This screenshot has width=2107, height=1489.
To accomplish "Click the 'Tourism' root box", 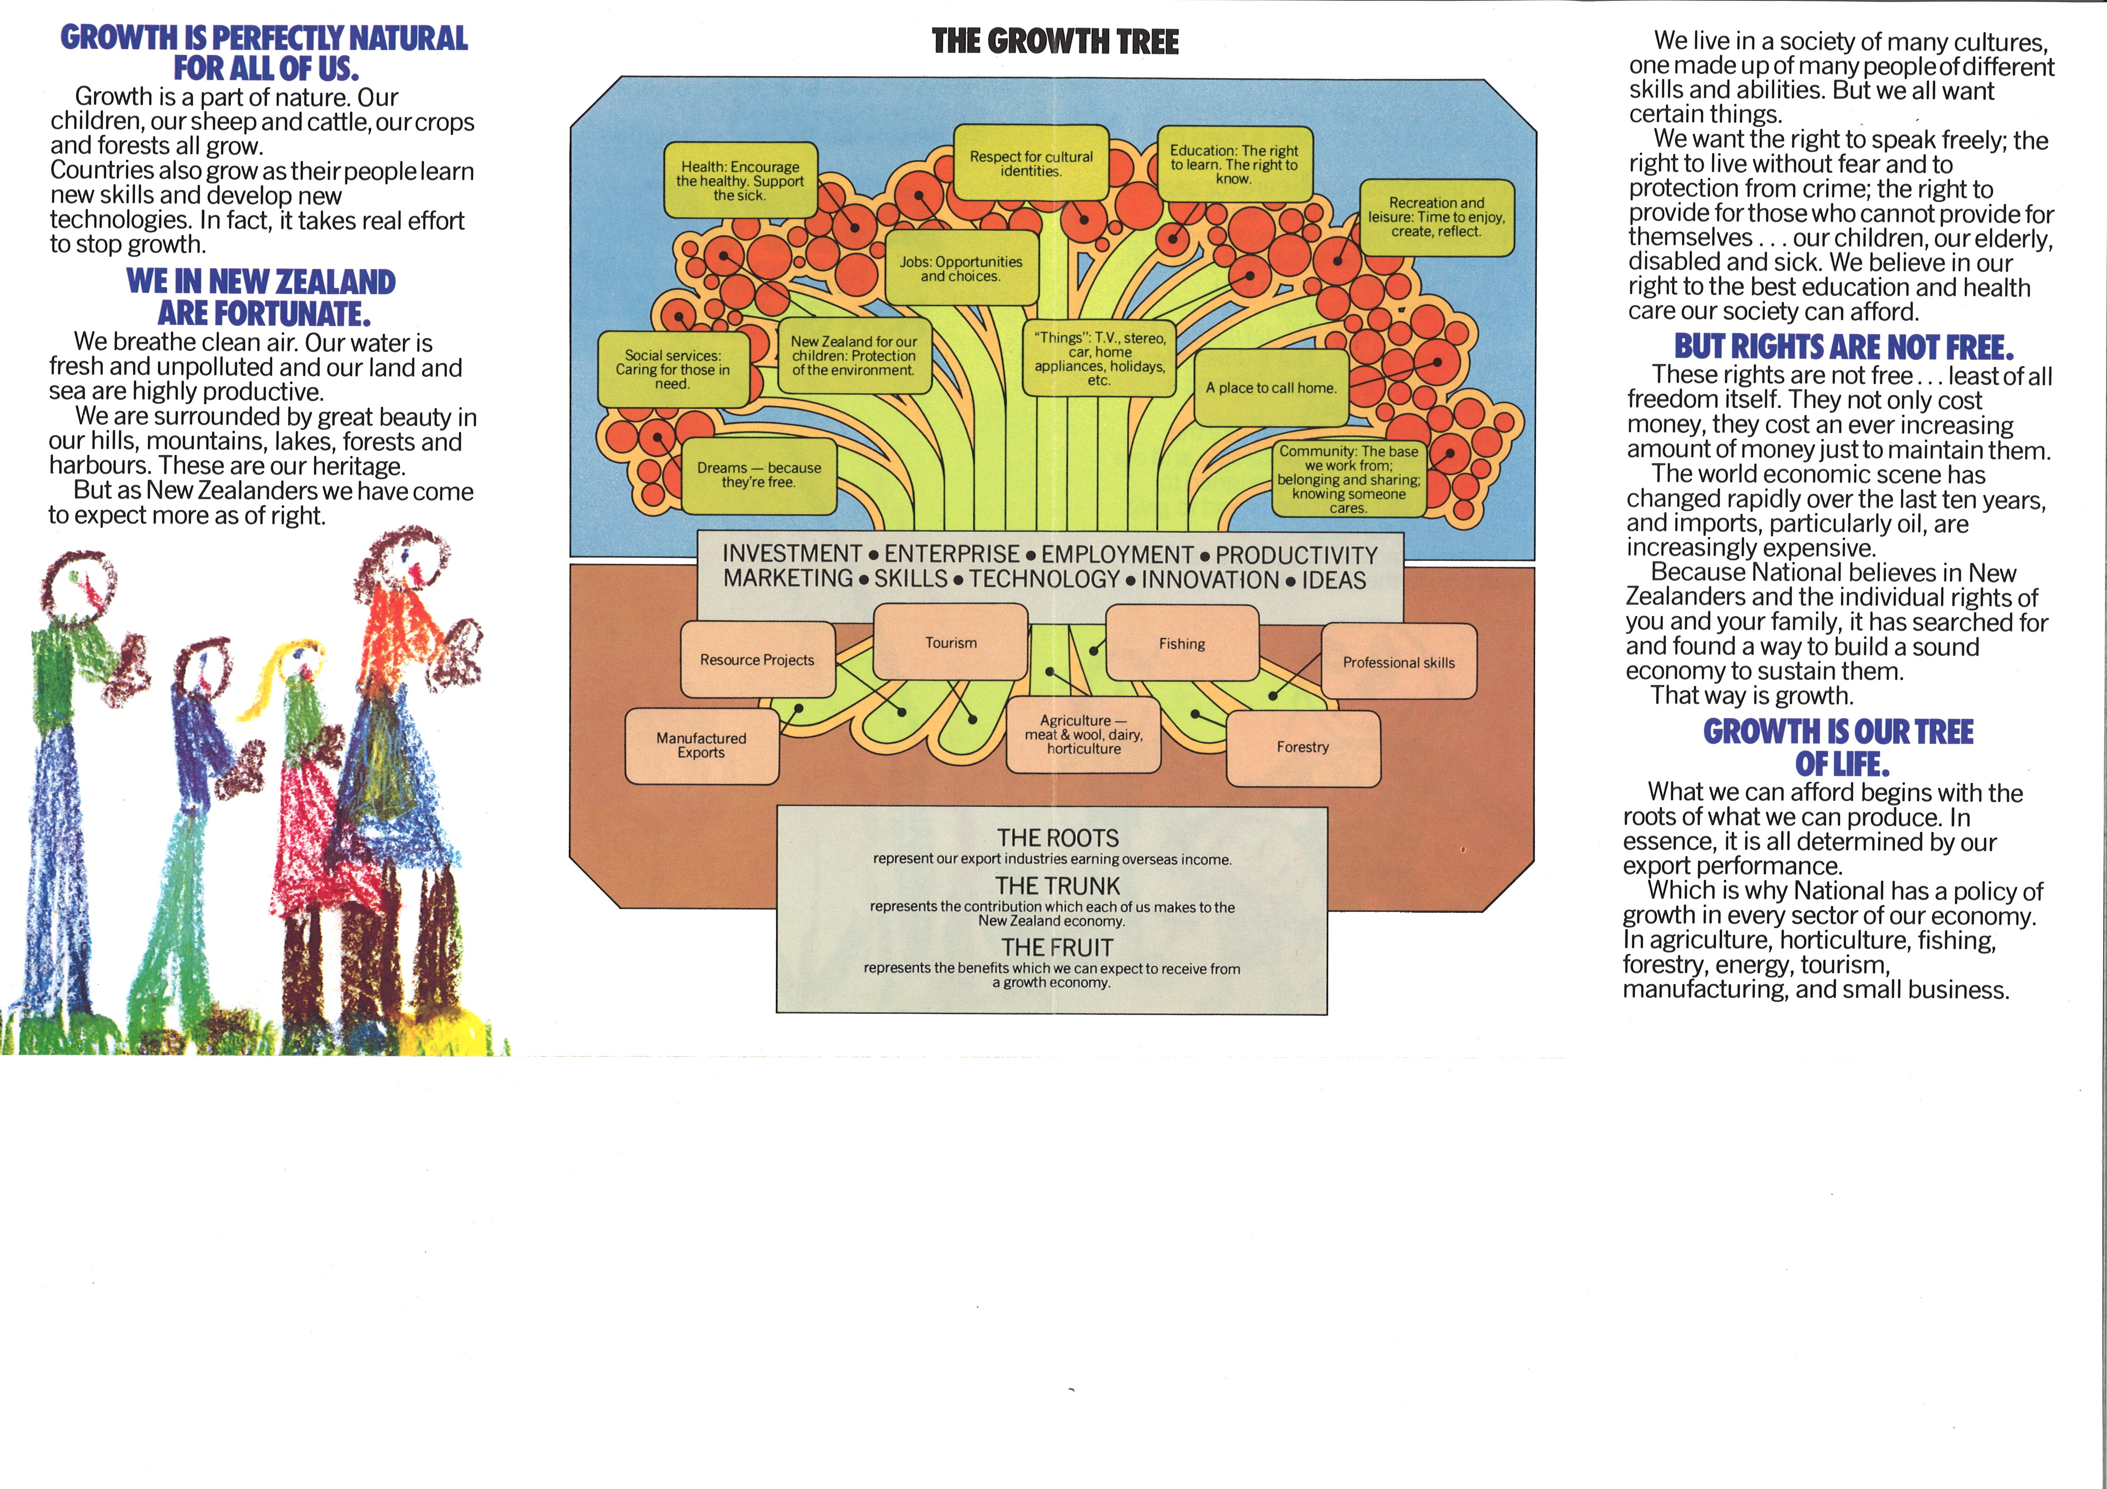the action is (951, 642).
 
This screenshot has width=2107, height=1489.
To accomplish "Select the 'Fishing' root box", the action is (1182, 643).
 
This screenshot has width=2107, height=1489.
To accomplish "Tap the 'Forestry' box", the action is (1303, 748).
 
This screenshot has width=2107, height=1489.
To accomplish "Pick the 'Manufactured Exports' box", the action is (702, 746).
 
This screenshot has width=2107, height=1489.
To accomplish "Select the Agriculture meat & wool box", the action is (1084, 735).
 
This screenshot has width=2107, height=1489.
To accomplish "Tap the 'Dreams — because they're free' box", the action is (759, 475).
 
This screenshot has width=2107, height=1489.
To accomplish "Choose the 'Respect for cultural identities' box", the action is (1031, 163).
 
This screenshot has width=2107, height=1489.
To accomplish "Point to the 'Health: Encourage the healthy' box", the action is (740, 181).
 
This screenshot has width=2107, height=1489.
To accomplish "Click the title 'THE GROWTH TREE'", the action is (1055, 42).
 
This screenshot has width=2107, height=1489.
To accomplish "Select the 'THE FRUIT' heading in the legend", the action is (1057, 948).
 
